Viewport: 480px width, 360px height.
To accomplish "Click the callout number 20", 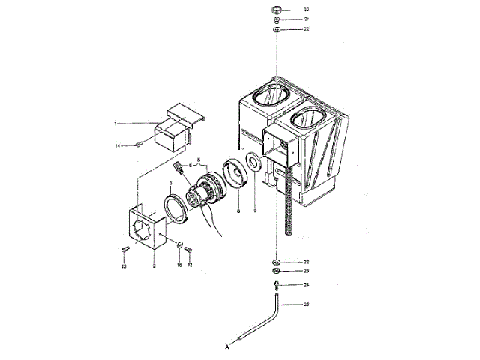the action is click(x=306, y=10).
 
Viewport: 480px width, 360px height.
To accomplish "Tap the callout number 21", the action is click(x=306, y=19).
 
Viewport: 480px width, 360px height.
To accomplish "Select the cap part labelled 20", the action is click(x=277, y=10).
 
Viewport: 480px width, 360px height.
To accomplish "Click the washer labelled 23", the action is click(x=277, y=270).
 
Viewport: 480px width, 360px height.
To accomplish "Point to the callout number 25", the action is click(x=306, y=304).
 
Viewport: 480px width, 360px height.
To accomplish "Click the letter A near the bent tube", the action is click(x=226, y=346).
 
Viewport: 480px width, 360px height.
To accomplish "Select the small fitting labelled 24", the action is click(x=277, y=284).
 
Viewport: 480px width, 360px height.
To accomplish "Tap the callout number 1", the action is click(x=116, y=122).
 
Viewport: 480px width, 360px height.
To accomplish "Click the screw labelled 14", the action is click(x=138, y=145).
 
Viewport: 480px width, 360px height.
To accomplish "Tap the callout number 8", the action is click(x=238, y=211).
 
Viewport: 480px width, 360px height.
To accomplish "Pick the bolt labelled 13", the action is click(x=124, y=250).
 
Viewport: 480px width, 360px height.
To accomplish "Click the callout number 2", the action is click(x=154, y=265).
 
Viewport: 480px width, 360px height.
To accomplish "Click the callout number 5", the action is click(x=199, y=158).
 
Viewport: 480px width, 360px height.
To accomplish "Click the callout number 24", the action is click(x=306, y=285).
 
